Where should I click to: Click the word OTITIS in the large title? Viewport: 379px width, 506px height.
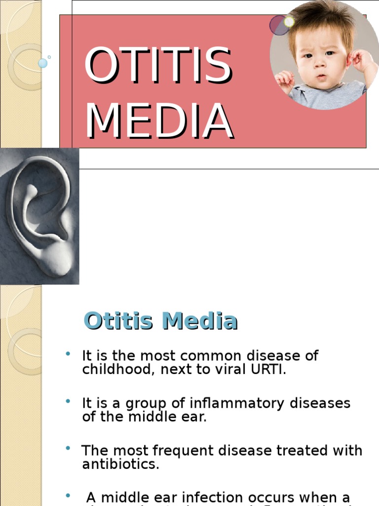pos(158,65)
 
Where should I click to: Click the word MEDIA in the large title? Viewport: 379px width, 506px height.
pos(159,121)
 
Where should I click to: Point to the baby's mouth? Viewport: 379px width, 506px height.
pos(321,77)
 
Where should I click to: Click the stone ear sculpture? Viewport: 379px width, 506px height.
pos(42,217)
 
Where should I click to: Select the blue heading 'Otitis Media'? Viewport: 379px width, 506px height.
pos(161,321)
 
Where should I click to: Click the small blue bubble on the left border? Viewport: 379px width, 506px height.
pos(43,63)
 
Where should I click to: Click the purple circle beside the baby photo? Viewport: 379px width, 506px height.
pos(279,25)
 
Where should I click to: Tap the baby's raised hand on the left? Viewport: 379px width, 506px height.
pos(285,79)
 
